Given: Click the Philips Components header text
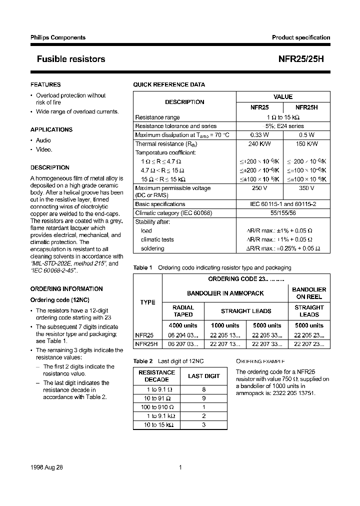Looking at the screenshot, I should pyautogui.click(x=54, y=37).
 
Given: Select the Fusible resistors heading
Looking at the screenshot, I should pyautogui.click(x=71, y=59).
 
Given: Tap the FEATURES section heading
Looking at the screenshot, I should pyautogui.click(x=45, y=85).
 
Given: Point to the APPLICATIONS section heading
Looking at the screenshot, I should pyautogui.click(x=51, y=129).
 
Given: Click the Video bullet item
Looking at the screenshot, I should pyautogui.click(x=44, y=149).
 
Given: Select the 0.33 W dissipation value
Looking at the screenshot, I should pyautogui.click(x=259, y=135).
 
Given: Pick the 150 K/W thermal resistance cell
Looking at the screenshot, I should pyautogui.click(x=306, y=144).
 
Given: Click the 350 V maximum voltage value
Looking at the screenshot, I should pyautogui.click(x=306, y=188).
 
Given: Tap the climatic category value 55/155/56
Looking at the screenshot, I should pyautogui.click(x=283, y=213).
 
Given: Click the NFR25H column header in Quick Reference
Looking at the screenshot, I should pyautogui.click(x=306, y=107).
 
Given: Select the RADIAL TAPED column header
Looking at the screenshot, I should pyautogui.click(x=182, y=311).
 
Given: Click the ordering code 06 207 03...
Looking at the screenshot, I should pyautogui.click(x=182, y=344).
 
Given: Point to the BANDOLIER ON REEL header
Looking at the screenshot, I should pyautogui.click(x=309, y=293).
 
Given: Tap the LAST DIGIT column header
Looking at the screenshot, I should pyautogui.click(x=203, y=376).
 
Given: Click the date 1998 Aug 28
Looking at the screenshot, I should pyautogui.click(x=47, y=467).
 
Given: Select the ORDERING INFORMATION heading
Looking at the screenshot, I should pyautogui.click(x=66, y=289).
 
